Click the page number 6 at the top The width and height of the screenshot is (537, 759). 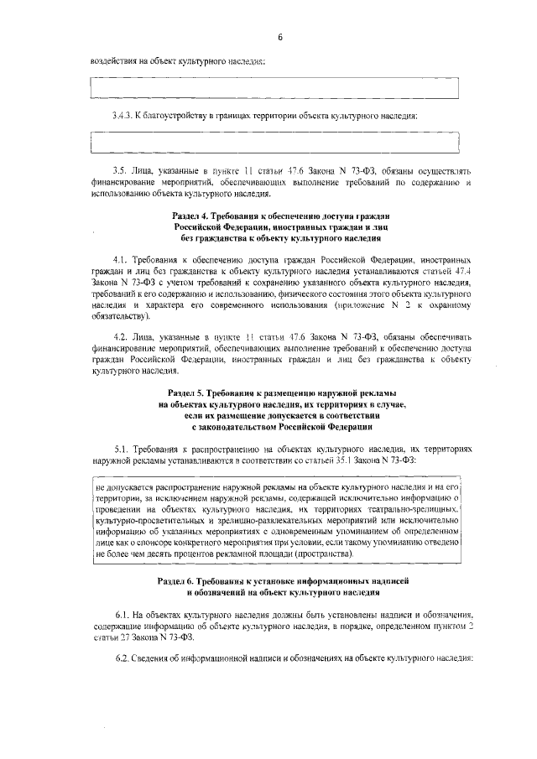tap(280, 36)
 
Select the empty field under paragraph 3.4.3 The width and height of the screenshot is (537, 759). tap(276, 143)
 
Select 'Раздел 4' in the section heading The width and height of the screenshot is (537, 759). tap(191, 217)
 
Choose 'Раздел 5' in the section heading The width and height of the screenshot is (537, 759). tap(189, 392)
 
